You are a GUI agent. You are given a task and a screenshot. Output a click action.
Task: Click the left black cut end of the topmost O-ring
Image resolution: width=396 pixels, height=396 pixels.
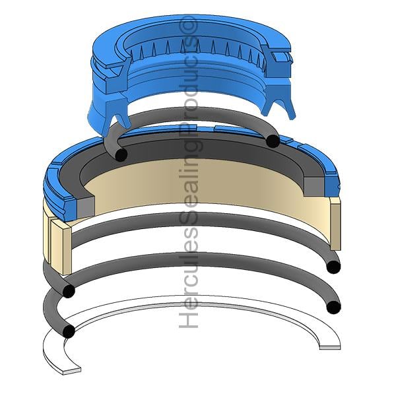click(x=121, y=154)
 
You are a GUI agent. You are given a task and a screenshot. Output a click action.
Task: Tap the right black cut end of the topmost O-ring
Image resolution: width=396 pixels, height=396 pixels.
click(x=273, y=141)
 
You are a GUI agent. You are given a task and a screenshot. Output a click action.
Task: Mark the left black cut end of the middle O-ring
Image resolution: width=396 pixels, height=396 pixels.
click(x=69, y=291)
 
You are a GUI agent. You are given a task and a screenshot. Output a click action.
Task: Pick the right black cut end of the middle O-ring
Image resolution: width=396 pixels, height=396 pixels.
click(x=333, y=267)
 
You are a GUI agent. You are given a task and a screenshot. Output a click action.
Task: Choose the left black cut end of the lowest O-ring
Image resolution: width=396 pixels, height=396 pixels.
click(x=69, y=331)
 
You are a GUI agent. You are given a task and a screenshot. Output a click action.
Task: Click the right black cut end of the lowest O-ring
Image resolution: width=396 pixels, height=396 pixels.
click(x=333, y=307)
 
